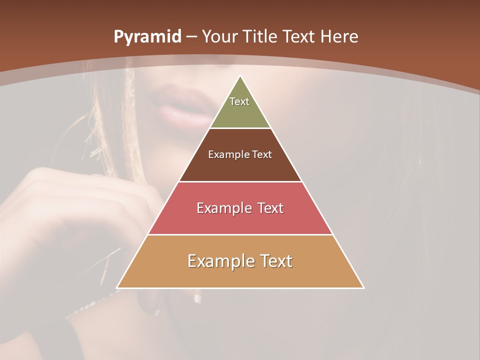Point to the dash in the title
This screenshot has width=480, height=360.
point(191,37)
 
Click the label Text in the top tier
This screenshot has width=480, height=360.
point(239,101)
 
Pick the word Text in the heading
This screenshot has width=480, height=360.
point(299,37)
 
